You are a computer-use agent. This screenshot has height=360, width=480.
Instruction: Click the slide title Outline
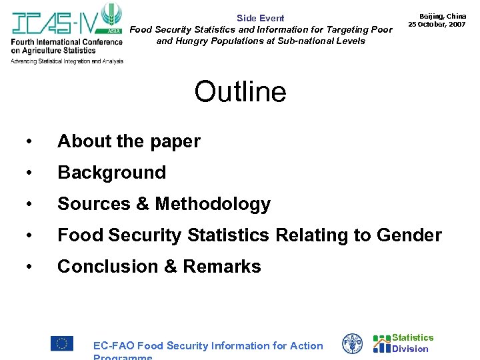tap(240, 92)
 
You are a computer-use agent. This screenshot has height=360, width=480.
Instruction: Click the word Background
tap(111, 173)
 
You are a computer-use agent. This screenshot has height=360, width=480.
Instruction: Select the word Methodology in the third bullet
tap(213, 204)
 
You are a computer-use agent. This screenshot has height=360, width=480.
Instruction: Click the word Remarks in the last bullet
tap(221, 267)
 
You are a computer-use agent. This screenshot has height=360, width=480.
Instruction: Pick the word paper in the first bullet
tap(175, 142)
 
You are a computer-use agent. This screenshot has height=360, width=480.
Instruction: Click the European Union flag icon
tap(62, 343)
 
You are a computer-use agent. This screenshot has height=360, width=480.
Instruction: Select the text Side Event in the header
tap(260, 18)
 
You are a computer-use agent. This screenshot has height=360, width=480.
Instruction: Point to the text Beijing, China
tap(442, 15)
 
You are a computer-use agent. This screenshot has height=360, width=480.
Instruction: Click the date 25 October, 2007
tap(437, 24)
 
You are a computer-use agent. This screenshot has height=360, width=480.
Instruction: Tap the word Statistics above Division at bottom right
tap(413, 338)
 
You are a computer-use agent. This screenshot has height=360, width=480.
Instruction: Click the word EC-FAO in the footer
tap(113, 345)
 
